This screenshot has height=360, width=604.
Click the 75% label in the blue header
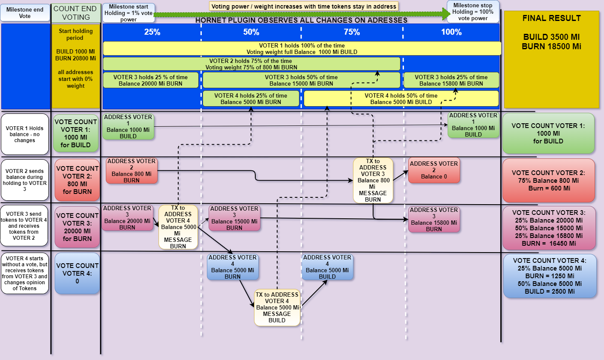point(352,32)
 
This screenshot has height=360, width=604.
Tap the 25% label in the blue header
point(152,32)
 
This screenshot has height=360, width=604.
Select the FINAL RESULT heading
point(551,18)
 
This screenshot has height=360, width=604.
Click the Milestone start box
point(129,13)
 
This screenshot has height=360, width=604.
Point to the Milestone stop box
point(473,12)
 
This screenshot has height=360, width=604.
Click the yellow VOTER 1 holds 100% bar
point(302,49)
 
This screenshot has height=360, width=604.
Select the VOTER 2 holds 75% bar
point(251,64)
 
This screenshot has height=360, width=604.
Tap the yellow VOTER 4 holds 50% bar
point(401,98)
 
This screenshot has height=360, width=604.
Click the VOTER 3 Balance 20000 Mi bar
point(150,80)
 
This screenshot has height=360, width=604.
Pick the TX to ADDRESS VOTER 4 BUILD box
point(277,307)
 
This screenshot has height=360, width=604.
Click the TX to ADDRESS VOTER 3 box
point(373,180)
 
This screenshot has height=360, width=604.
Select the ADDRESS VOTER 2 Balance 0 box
point(434,170)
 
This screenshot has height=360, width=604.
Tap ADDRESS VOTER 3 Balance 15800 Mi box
point(434,219)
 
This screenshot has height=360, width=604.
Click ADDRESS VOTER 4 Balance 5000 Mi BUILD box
point(327,267)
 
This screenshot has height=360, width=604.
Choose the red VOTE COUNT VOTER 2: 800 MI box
point(77,180)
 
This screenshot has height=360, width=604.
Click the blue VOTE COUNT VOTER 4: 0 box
point(77,273)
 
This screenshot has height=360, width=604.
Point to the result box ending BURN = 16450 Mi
point(549,228)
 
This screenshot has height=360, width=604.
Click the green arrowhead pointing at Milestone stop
point(447,14)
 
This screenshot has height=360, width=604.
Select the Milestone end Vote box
point(25,13)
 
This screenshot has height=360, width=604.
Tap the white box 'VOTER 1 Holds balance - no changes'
point(25,134)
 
